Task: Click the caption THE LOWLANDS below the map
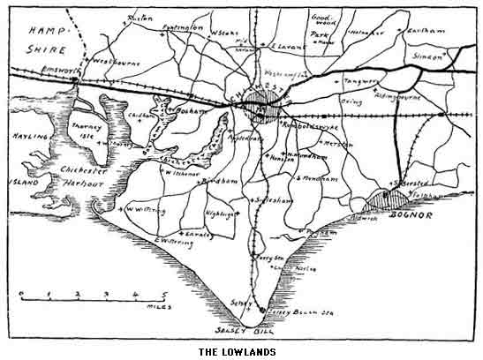(237, 352)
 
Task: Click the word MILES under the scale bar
(160, 306)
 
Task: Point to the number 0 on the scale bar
(22, 293)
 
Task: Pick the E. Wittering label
(172, 241)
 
